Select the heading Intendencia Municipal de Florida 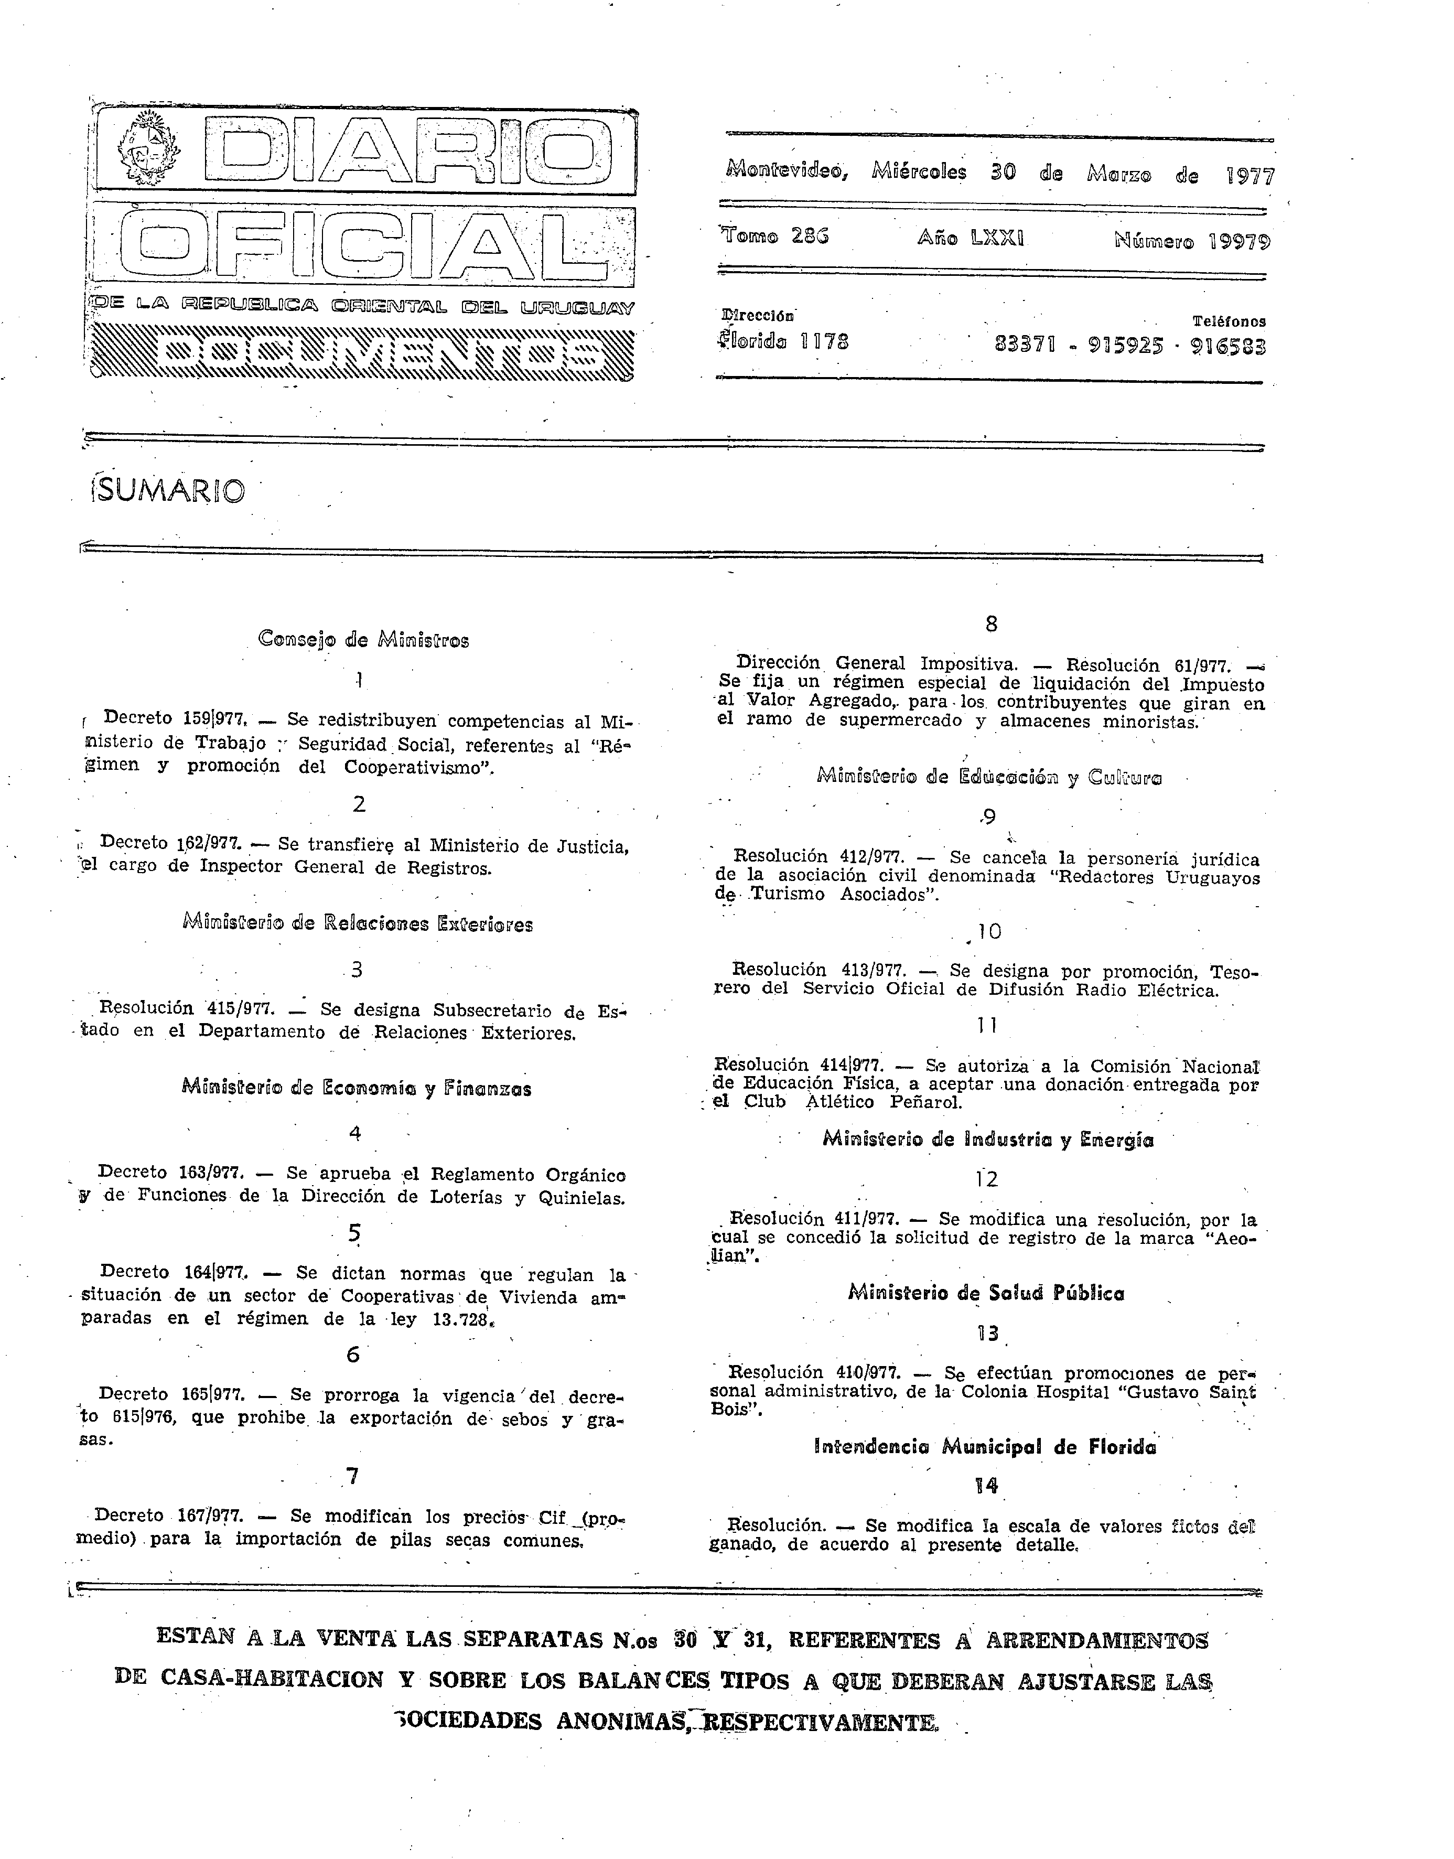[985, 1447]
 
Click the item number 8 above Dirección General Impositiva [991, 624]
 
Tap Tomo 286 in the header [774, 236]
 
